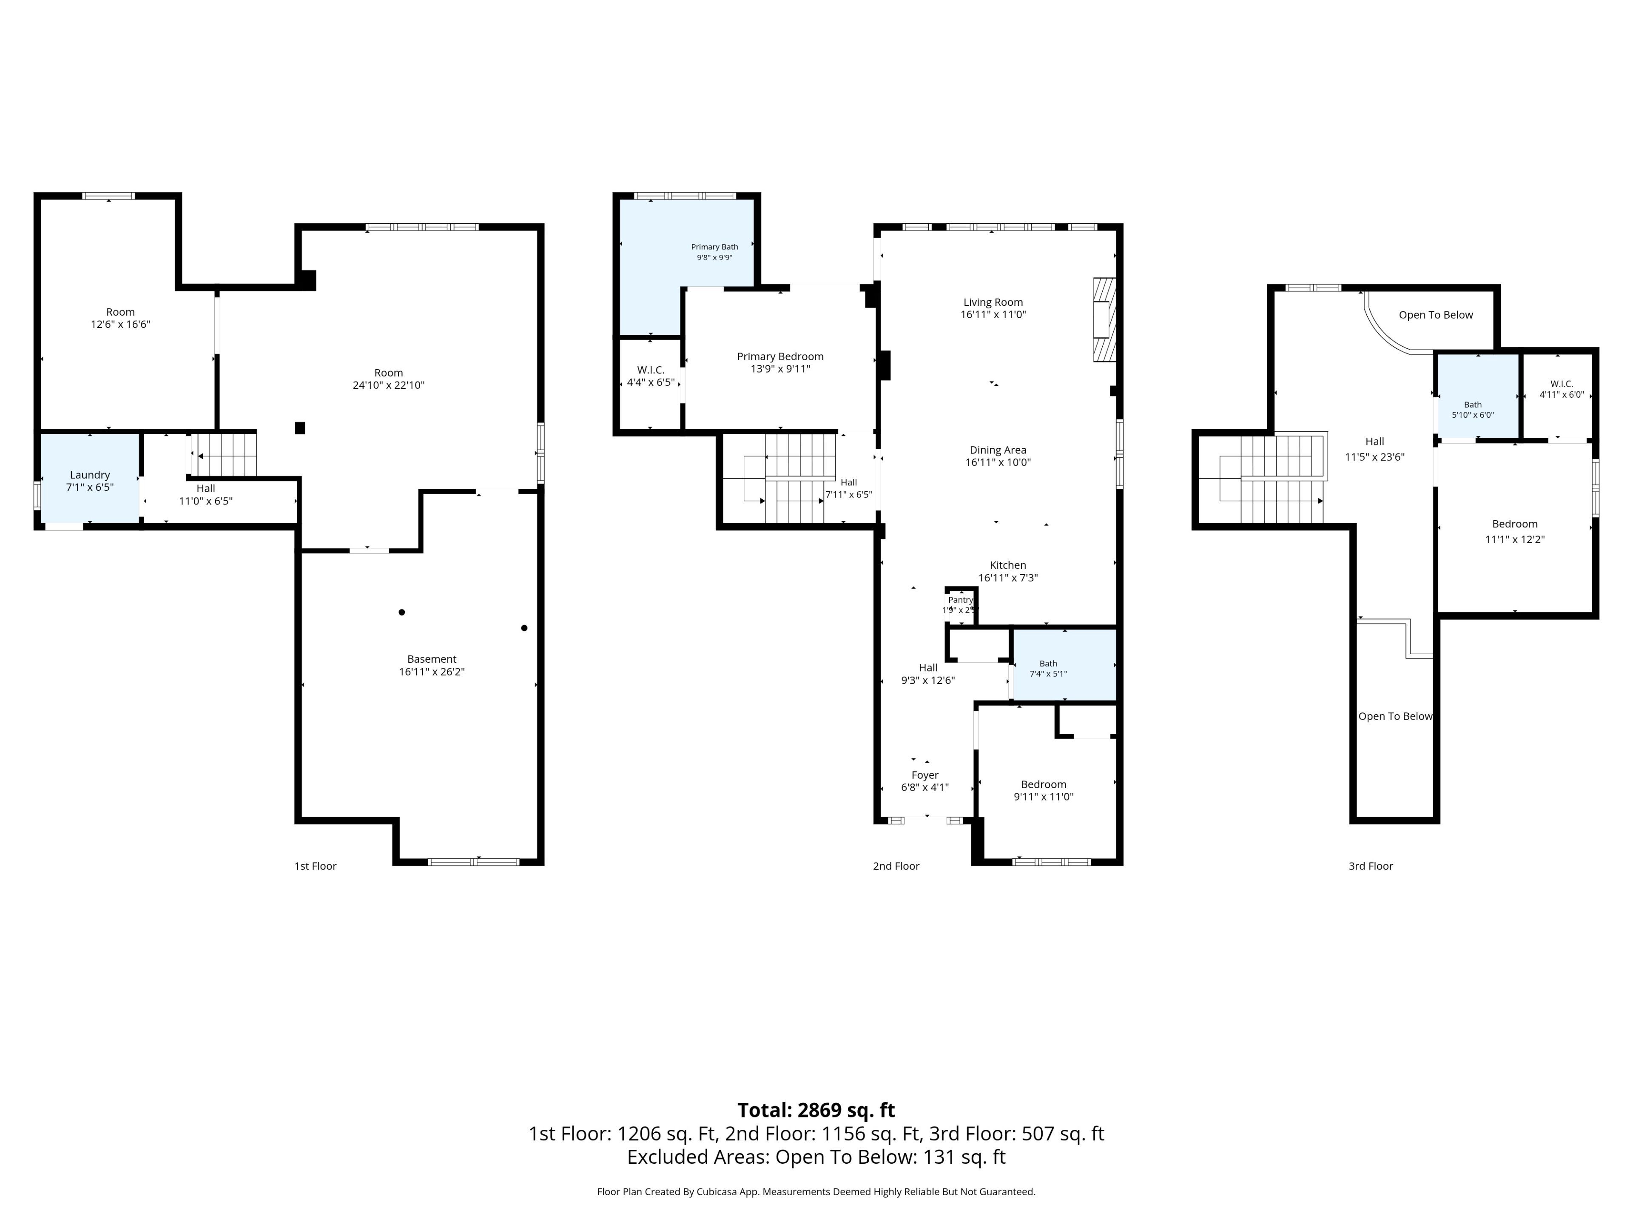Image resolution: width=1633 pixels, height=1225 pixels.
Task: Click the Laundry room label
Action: pos(90,475)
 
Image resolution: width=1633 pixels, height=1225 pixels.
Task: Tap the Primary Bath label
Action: pos(714,247)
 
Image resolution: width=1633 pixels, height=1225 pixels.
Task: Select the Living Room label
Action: pos(993,302)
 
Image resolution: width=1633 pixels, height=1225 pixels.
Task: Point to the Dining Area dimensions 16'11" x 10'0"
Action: pos(998,462)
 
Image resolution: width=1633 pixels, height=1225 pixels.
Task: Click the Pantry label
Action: pos(961,600)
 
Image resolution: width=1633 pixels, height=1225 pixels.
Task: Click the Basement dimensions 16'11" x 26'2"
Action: pos(432,671)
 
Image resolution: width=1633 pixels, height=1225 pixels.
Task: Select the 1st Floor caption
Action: pos(315,866)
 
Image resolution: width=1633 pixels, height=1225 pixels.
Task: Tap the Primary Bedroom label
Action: pos(780,356)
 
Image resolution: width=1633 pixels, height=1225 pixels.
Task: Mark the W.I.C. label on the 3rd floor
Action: pos(1562,384)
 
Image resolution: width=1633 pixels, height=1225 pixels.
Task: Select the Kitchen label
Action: pos(1008,565)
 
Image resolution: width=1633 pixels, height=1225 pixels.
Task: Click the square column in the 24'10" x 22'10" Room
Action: pos(300,427)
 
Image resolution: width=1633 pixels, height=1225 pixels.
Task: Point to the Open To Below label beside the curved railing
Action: pos(1435,315)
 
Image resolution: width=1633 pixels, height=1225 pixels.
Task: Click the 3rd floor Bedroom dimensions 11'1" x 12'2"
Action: pos(1515,539)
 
